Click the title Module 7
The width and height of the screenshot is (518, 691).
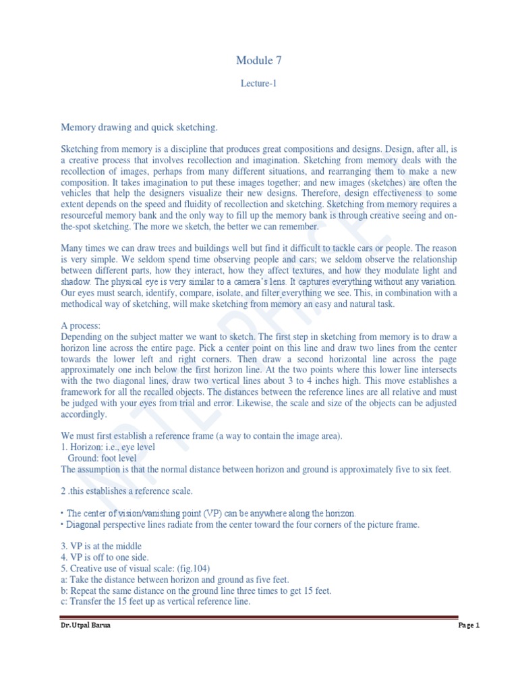[259, 61]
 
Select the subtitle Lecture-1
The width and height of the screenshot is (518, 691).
[259, 84]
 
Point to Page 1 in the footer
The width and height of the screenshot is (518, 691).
[468, 626]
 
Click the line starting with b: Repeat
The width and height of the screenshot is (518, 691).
[196, 590]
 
